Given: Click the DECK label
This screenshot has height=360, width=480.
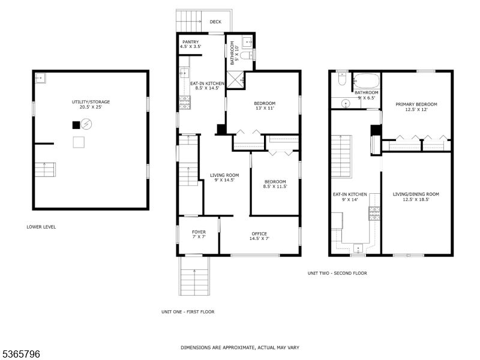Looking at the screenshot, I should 215,22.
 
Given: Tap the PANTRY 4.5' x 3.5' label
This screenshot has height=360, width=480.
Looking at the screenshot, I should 190,44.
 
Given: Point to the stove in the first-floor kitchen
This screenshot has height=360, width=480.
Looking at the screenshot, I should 184,103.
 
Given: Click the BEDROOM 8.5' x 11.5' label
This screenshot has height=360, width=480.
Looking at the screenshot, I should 275,184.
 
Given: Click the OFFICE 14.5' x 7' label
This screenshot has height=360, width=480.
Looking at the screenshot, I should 259,236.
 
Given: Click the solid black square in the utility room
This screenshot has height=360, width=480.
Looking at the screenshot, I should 76,125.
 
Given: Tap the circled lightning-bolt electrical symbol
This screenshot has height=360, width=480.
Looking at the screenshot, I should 87,125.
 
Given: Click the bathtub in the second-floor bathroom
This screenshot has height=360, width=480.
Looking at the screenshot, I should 365,80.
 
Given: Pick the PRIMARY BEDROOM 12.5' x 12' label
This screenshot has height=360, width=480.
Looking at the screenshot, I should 416,107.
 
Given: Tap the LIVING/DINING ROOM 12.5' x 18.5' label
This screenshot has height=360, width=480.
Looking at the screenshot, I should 416,197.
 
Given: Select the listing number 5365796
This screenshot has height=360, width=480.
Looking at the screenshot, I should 21,354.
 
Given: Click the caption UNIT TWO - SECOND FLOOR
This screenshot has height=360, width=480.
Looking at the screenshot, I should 337,273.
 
